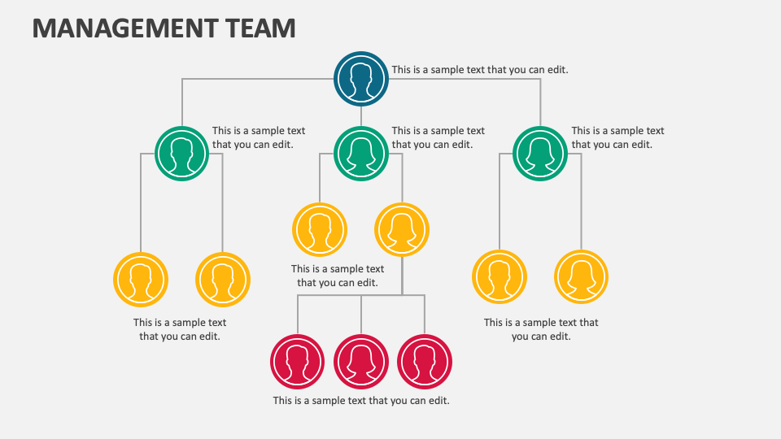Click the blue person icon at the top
361,79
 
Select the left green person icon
181,153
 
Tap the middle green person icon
361,153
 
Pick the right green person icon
540,153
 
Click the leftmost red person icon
298,361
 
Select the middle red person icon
361,361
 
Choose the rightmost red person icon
425,361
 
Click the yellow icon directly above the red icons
402,229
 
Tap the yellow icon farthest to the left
141,279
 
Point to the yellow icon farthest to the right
581,276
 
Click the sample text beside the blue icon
480,70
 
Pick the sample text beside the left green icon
259,137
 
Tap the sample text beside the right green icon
617,137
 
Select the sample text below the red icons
361,401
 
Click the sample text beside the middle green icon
438,137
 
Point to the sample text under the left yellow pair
180,329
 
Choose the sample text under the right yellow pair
541,329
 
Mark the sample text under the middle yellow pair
338,276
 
